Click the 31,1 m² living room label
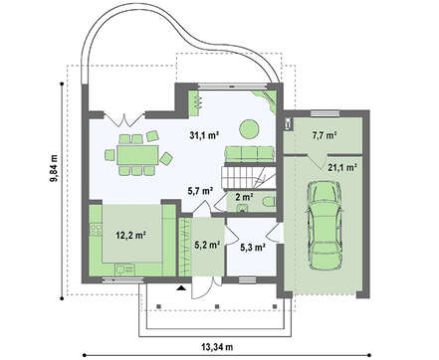pos(204,135)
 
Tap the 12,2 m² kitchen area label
pos(131,235)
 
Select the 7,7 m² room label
pos(325,135)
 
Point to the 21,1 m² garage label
pos(342,167)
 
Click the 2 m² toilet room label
pos(244,197)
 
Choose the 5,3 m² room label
pos(252,247)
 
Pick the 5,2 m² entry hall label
pos(207,245)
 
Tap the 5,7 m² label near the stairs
pos(200,191)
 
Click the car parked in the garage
pos(325,226)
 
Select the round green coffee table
pos(249,129)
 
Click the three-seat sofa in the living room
pos(250,154)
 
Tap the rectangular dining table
pos(137,155)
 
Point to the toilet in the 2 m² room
pos(269,201)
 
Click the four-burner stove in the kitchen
pos(97,230)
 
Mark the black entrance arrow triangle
pos(181,288)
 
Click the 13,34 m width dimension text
pos(217,347)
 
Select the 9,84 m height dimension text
pos(54,168)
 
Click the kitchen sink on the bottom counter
pos(125,270)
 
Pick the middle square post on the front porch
pos(217,306)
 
